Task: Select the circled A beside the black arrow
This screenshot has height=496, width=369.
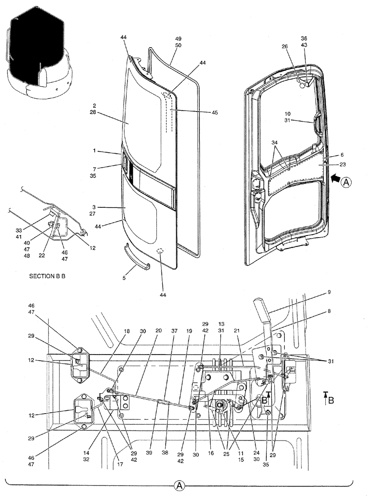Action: (x=346, y=182)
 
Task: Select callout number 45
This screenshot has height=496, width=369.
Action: (x=215, y=113)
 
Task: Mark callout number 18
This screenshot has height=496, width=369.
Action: (x=127, y=331)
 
